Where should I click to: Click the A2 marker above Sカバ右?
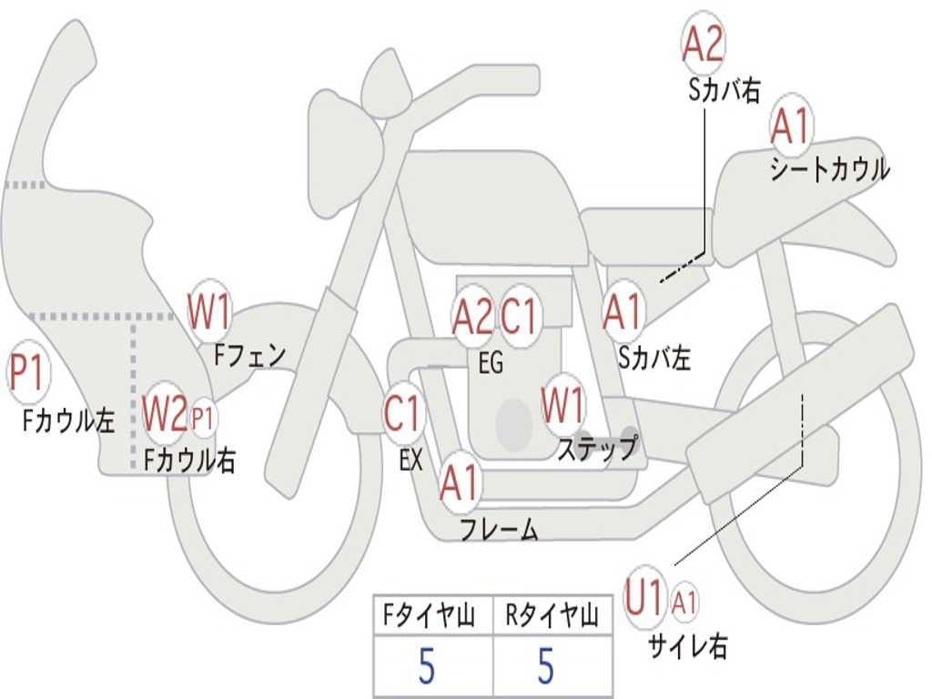click(703, 44)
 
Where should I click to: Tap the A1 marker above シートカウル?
click(790, 127)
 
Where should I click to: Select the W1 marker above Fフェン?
click(209, 311)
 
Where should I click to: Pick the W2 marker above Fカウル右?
click(166, 415)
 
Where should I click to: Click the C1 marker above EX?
click(403, 414)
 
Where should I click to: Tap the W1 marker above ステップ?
click(564, 406)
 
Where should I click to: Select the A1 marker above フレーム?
click(460, 482)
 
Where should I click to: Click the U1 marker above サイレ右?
click(645, 600)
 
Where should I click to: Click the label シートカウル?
click(829, 170)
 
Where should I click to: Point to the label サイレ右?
click(687, 646)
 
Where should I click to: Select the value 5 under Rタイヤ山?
click(546, 667)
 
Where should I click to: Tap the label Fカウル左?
click(69, 420)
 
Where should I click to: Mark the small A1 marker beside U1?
click(685, 601)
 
